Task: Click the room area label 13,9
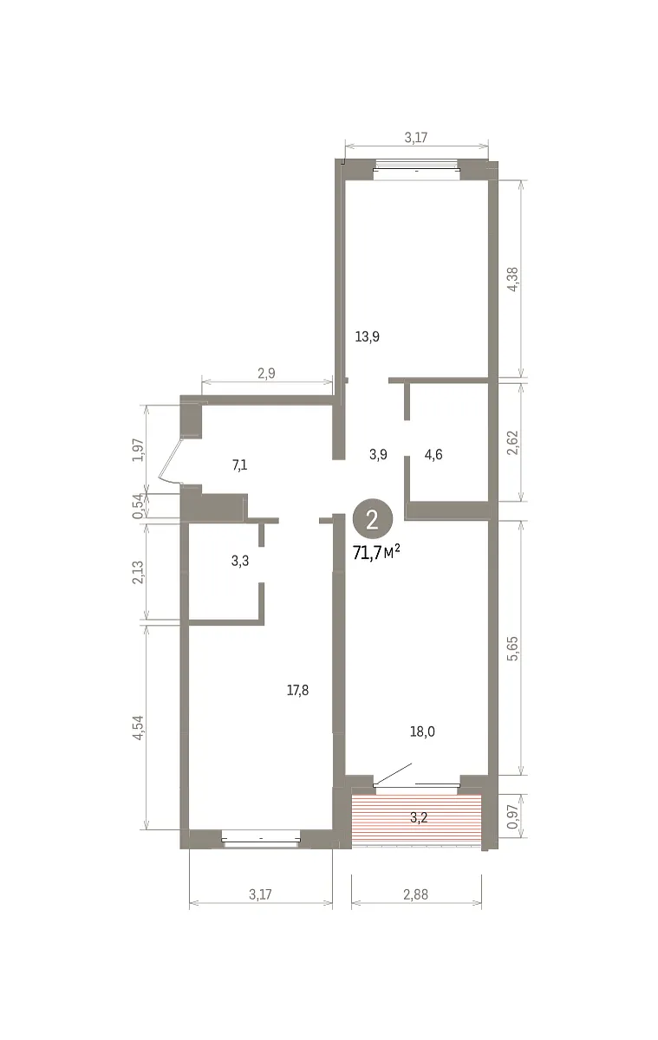tap(367, 336)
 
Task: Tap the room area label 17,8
tap(297, 691)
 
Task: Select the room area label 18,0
tap(422, 731)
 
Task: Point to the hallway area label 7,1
tap(239, 465)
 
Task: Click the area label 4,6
tap(433, 454)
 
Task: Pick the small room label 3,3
tap(240, 561)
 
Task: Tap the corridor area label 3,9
tap(379, 454)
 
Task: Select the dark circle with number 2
tap(373, 520)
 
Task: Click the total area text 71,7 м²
tap(376, 553)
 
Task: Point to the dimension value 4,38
tap(512, 279)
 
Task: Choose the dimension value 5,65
tap(512, 648)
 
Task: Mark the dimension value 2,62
tap(512, 443)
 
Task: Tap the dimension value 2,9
tap(266, 374)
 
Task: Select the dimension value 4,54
tap(138, 727)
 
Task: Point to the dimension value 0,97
tap(512, 817)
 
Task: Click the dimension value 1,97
tap(138, 450)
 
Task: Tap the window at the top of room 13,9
tap(416, 170)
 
